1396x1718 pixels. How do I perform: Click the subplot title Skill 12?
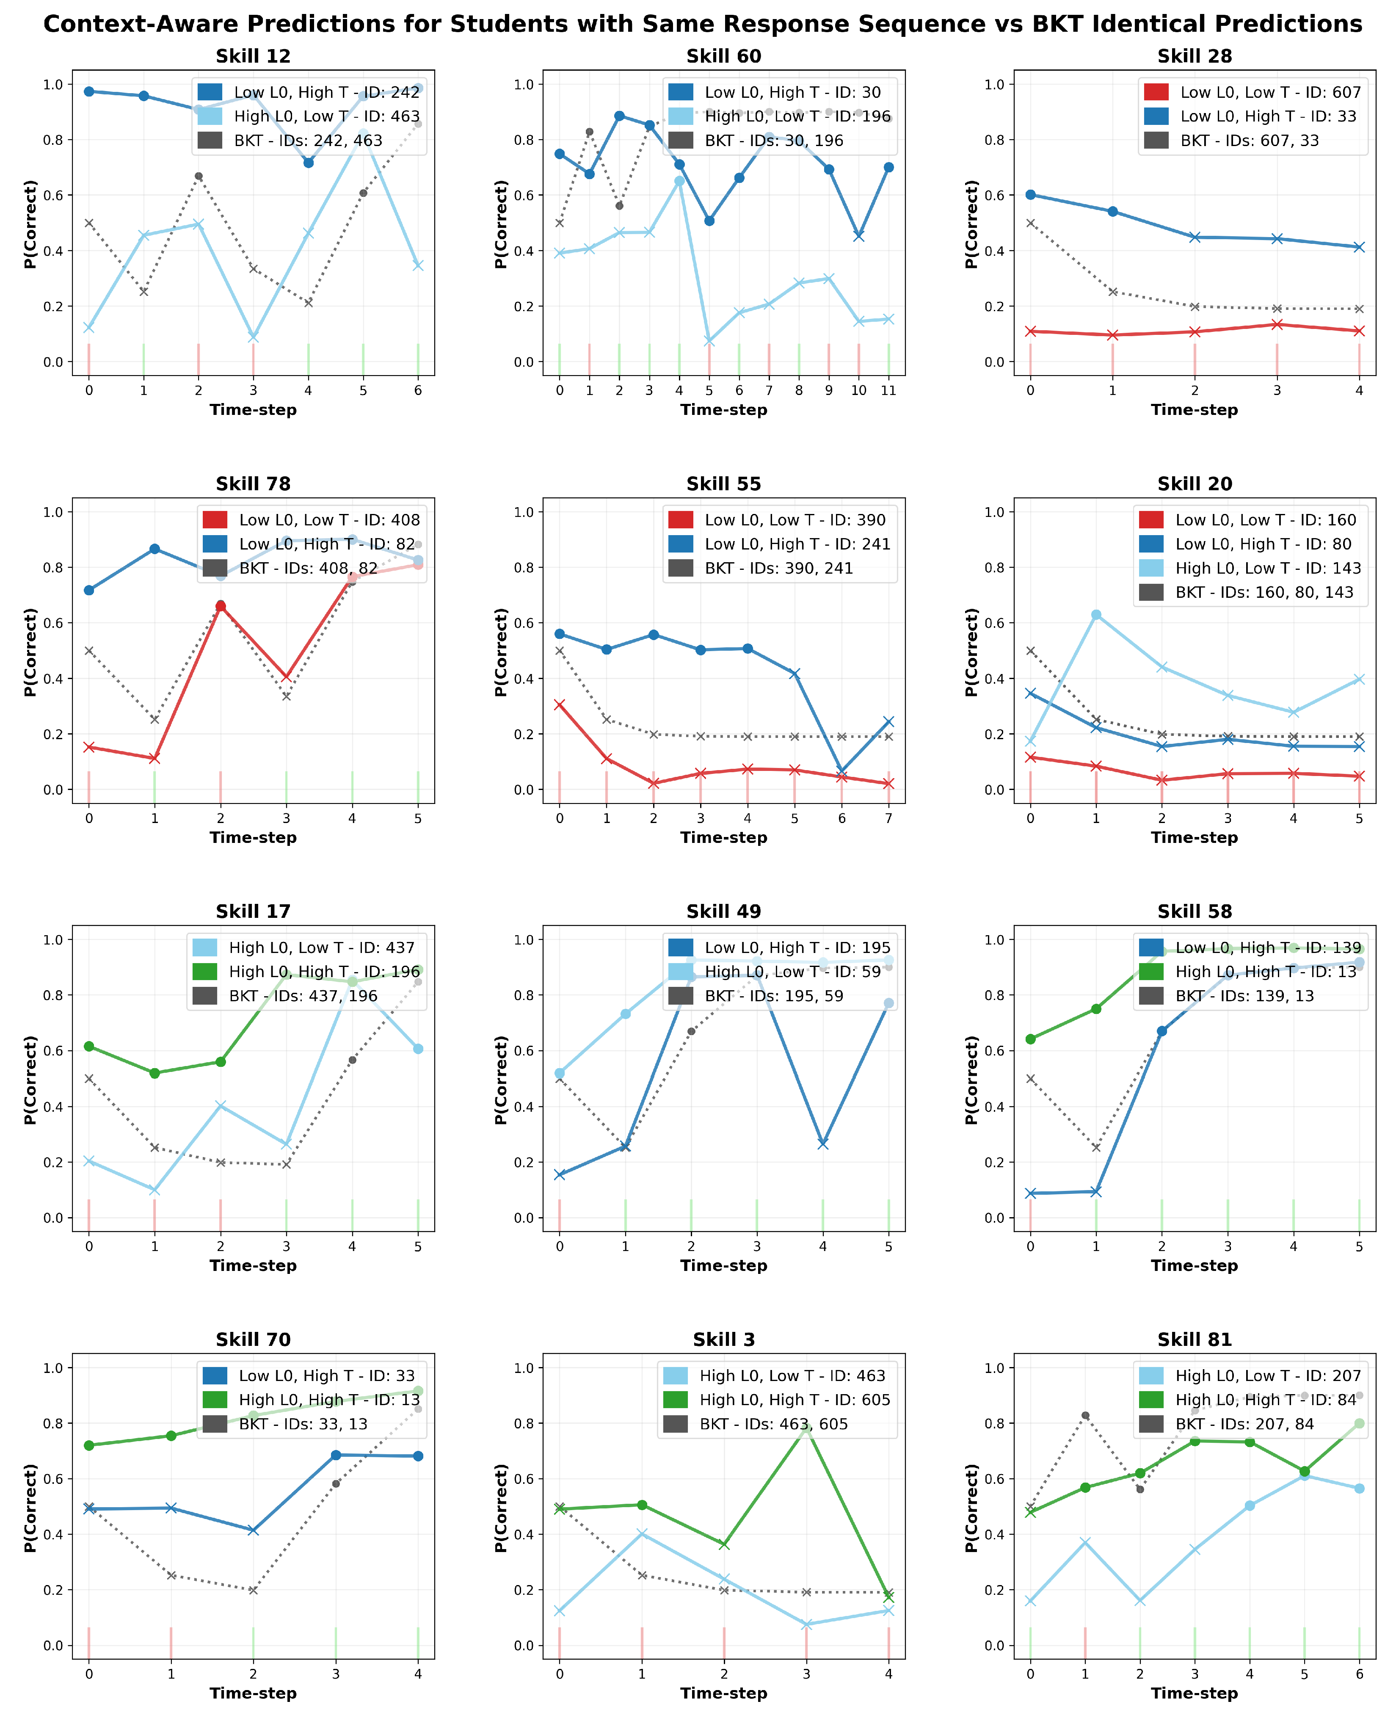click(253, 56)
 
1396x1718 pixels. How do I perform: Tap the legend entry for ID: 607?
click(1252, 92)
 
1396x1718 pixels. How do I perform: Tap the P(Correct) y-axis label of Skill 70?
click(30, 1508)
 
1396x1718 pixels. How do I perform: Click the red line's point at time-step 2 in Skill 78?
click(221, 606)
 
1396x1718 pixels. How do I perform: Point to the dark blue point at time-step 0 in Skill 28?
click(1030, 195)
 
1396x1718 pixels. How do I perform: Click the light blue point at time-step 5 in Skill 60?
click(709, 342)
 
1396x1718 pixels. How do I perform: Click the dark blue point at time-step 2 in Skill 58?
click(1162, 1031)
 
